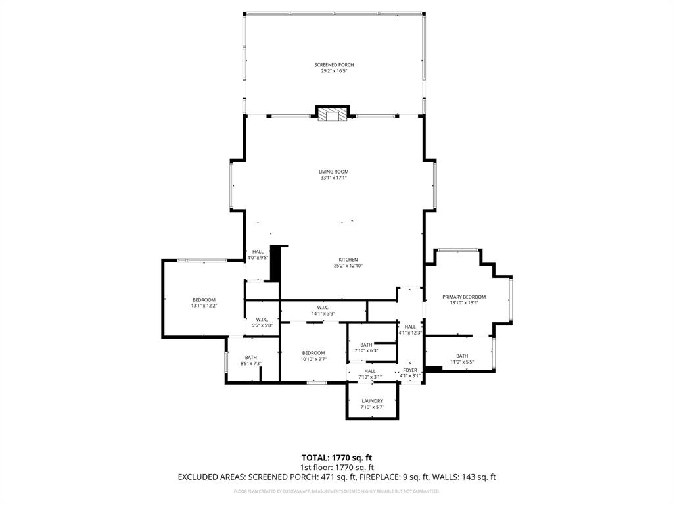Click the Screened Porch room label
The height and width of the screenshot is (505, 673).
[x=334, y=65]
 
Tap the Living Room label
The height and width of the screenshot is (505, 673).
[x=334, y=172]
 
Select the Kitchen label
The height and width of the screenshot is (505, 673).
[x=348, y=260]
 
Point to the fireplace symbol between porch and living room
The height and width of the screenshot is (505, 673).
[x=332, y=115]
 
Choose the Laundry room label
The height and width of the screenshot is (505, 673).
[x=371, y=401]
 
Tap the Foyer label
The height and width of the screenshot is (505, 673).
[x=410, y=370]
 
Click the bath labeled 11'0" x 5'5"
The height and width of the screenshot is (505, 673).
[x=462, y=356]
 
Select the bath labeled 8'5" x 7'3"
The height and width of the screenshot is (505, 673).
[x=251, y=357]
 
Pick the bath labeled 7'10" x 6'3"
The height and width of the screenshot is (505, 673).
[x=366, y=345]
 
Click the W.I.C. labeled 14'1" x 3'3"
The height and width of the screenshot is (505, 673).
[x=323, y=307]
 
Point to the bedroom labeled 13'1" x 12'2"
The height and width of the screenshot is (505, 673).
[x=204, y=300]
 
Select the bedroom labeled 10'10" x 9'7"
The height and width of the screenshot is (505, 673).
[x=313, y=353]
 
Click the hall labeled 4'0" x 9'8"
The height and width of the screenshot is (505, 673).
[x=258, y=252]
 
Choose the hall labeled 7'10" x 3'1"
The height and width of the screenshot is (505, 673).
[x=370, y=371]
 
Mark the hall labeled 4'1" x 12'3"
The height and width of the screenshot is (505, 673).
[x=410, y=327]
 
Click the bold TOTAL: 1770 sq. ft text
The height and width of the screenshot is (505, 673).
[x=340, y=458]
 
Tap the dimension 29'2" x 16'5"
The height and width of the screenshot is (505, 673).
[x=334, y=71]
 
